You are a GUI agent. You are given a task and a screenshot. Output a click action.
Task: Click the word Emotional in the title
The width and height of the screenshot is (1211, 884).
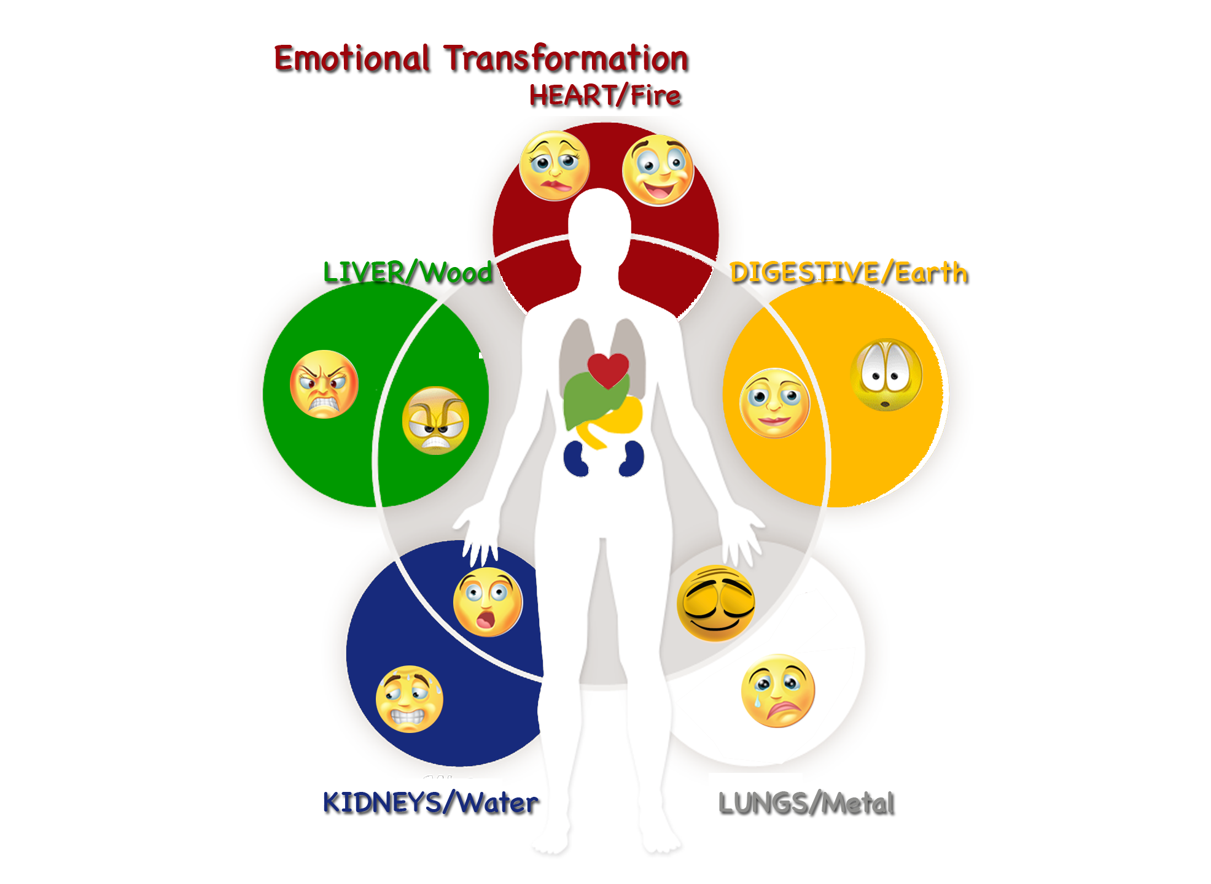(x=351, y=59)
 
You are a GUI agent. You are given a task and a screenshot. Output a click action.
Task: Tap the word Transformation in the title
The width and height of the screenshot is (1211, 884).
(x=566, y=59)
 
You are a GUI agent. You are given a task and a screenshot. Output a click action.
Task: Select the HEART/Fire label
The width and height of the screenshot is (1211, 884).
(x=605, y=96)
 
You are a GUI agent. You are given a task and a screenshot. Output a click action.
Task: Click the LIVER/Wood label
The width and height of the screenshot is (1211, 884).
(x=408, y=272)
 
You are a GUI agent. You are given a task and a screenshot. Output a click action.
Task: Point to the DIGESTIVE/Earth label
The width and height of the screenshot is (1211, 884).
(x=849, y=273)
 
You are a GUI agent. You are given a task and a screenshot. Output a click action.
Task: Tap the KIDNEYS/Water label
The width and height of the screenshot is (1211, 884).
(x=430, y=802)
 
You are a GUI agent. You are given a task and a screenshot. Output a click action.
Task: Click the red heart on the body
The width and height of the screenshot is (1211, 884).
(x=608, y=370)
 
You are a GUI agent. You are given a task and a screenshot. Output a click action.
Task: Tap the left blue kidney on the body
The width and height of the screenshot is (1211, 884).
(x=576, y=459)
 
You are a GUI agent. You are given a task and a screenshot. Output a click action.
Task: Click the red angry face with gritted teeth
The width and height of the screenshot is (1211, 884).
(x=324, y=384)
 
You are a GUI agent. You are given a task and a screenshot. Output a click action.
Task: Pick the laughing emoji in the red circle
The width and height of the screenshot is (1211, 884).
(x=658, y=170)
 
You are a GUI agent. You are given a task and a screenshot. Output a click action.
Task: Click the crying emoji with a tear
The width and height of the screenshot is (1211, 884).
(x=777, y=691)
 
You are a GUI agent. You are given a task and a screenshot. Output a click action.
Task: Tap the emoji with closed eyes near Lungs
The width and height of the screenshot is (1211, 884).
(x=715, y=603)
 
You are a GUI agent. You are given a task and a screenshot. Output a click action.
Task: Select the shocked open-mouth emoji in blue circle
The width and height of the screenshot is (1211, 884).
(x=488, y=602)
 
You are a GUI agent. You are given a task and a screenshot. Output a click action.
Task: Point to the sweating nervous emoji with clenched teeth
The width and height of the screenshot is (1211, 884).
(x=409, y=699)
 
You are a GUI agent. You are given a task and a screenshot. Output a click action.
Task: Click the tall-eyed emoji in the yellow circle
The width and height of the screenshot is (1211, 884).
(x=886, y=374)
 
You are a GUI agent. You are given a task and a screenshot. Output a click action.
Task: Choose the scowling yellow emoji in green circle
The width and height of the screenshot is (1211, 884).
(x=435, y=421)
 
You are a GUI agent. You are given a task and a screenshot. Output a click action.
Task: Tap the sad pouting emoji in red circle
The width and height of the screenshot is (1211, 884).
(x=555, y=166)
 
